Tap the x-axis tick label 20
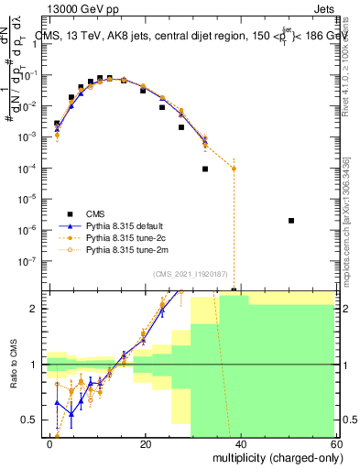pyautogui.click(x=146, y=444)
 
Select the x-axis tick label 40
pyautogui.click(x=241, y=444)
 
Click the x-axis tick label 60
pyautogui.click(x=335, y=444)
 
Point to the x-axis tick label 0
pyautogui.click(x=50, y=444)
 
